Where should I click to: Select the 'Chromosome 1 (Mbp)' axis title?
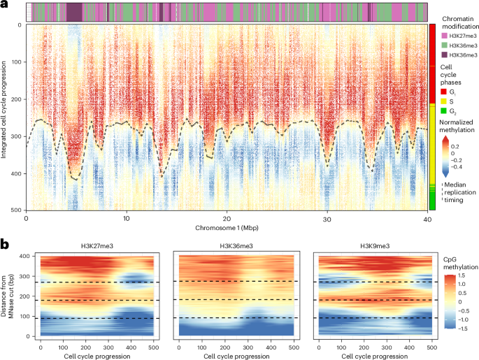click(225, 228)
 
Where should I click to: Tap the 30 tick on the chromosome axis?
click(327, 218)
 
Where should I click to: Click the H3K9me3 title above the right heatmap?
click(376, 246)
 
